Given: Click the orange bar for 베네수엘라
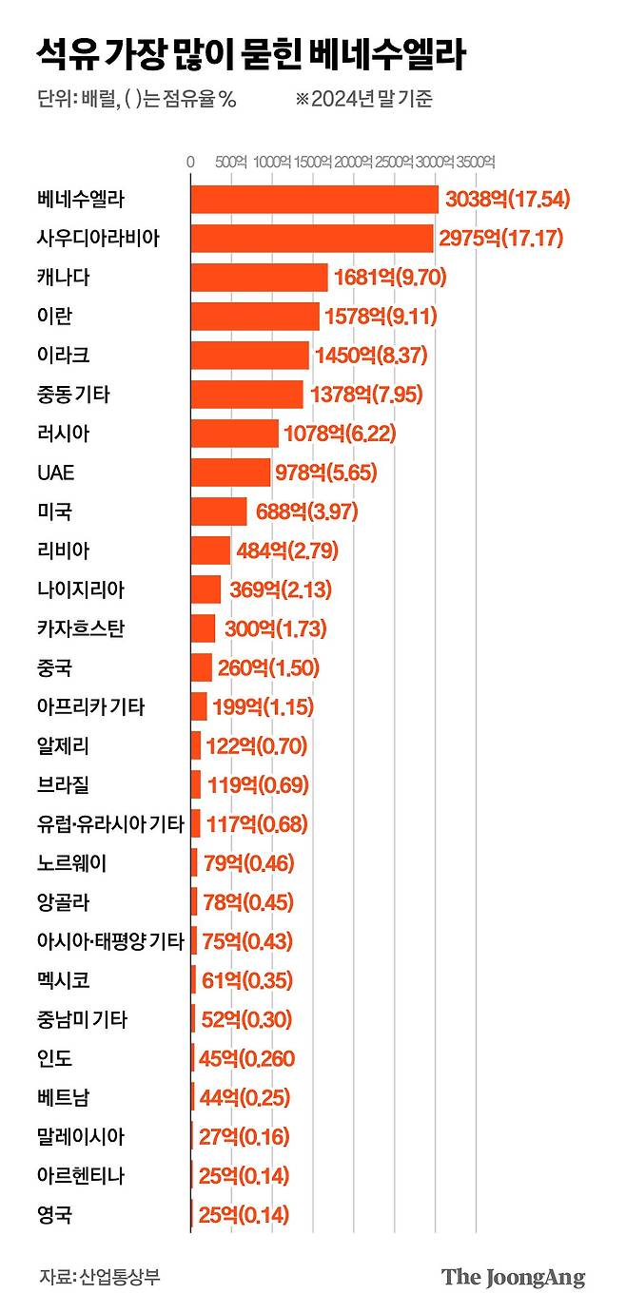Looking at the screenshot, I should tap(314, 200).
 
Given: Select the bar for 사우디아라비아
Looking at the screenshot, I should tap(311, 239).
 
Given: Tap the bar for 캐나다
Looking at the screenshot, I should tap(259, 278).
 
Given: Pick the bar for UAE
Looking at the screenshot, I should tap(230, 473).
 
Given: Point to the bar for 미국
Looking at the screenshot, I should tap(218, 512).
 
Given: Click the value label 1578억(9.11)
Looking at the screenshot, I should tap(383, 317).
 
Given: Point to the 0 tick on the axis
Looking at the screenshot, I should tap(190, 162).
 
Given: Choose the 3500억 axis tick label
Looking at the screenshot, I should tap(476, 162).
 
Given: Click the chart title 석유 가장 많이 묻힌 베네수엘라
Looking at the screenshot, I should tap(251, 55).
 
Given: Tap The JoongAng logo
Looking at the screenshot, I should tap(513, 1277).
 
